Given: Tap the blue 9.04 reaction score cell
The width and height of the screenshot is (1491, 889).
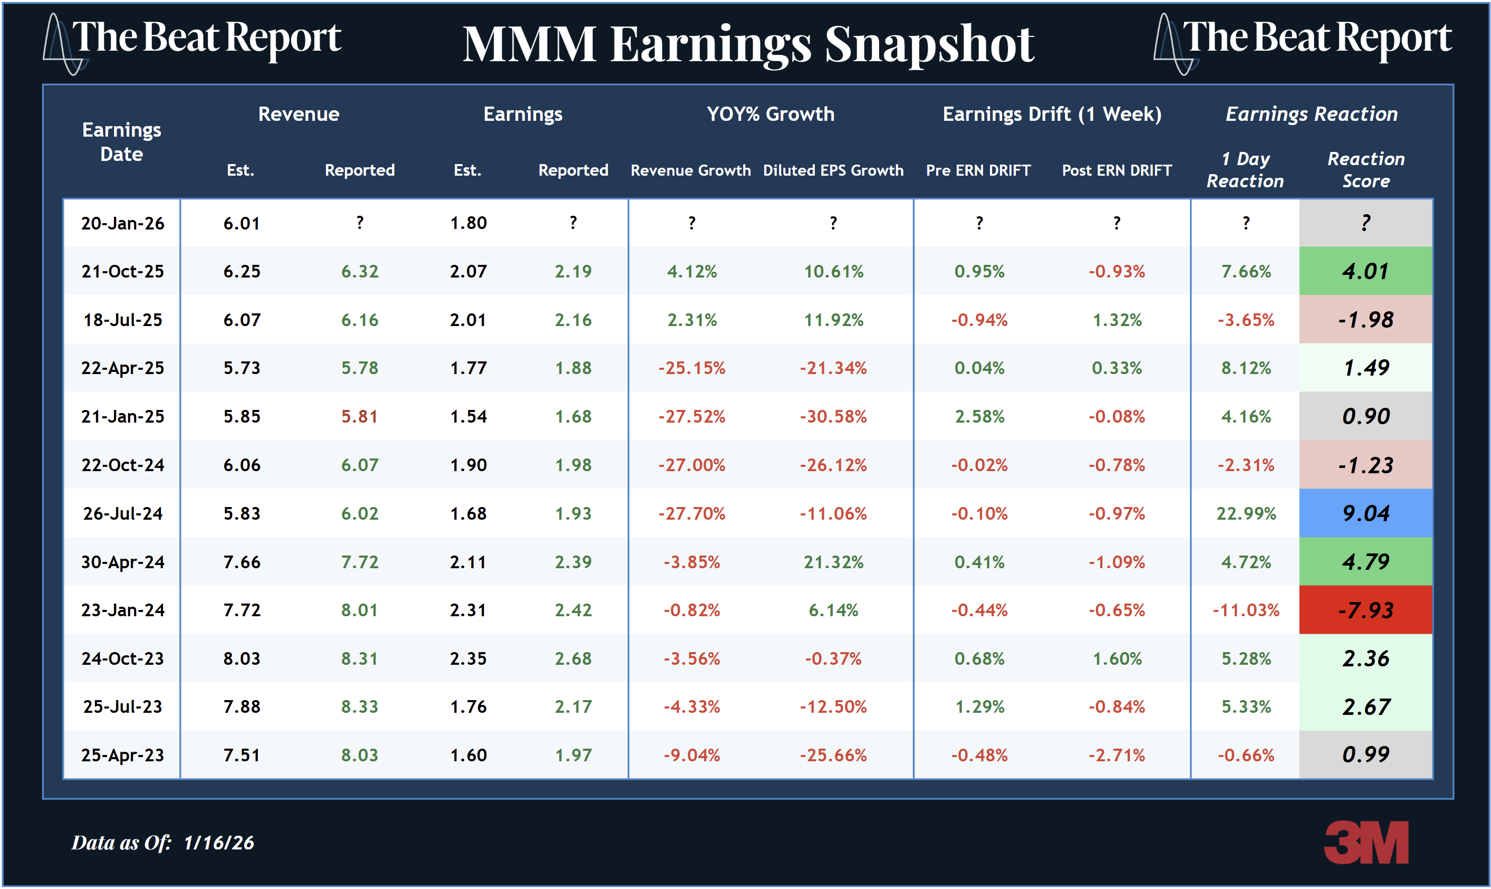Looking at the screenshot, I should coord(1365,513).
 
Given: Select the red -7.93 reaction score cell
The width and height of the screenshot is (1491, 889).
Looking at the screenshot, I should coord(1365,610).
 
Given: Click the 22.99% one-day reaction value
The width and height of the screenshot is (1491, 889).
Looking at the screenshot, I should coord(1246,513).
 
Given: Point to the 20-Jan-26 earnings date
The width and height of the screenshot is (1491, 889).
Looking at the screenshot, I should coord(123,224).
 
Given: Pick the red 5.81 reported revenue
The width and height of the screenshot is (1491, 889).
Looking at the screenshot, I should coord(359,416).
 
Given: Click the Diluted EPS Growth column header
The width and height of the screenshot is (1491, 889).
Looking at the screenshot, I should coord(833,170).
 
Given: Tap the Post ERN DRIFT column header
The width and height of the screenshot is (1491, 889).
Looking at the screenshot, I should coord(1116,170).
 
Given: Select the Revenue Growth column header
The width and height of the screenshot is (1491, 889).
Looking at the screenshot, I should coord(690,170).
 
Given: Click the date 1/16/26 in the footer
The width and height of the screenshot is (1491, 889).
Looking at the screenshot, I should coord(218,843).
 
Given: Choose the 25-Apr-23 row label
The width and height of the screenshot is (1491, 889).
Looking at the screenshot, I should coord(123,756).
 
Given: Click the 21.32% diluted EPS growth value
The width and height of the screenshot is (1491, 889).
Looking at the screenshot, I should coord(833,562).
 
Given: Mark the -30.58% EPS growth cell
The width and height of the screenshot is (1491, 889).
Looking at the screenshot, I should coord(833,416).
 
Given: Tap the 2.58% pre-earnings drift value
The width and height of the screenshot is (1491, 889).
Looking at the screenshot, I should coord(979,416).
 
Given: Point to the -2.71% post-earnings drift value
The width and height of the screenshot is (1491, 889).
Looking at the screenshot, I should coord(1116,756).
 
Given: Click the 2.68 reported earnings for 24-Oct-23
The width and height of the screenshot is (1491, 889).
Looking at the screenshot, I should coord(573,659).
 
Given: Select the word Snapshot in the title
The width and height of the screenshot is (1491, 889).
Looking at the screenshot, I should coord(929,45).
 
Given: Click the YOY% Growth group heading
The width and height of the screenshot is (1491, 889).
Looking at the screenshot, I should coord(770,114).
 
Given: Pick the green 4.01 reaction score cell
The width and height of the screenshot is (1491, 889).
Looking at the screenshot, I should coord(1365,271).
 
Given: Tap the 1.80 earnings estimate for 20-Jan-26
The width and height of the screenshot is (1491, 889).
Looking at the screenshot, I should coord(468,224).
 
